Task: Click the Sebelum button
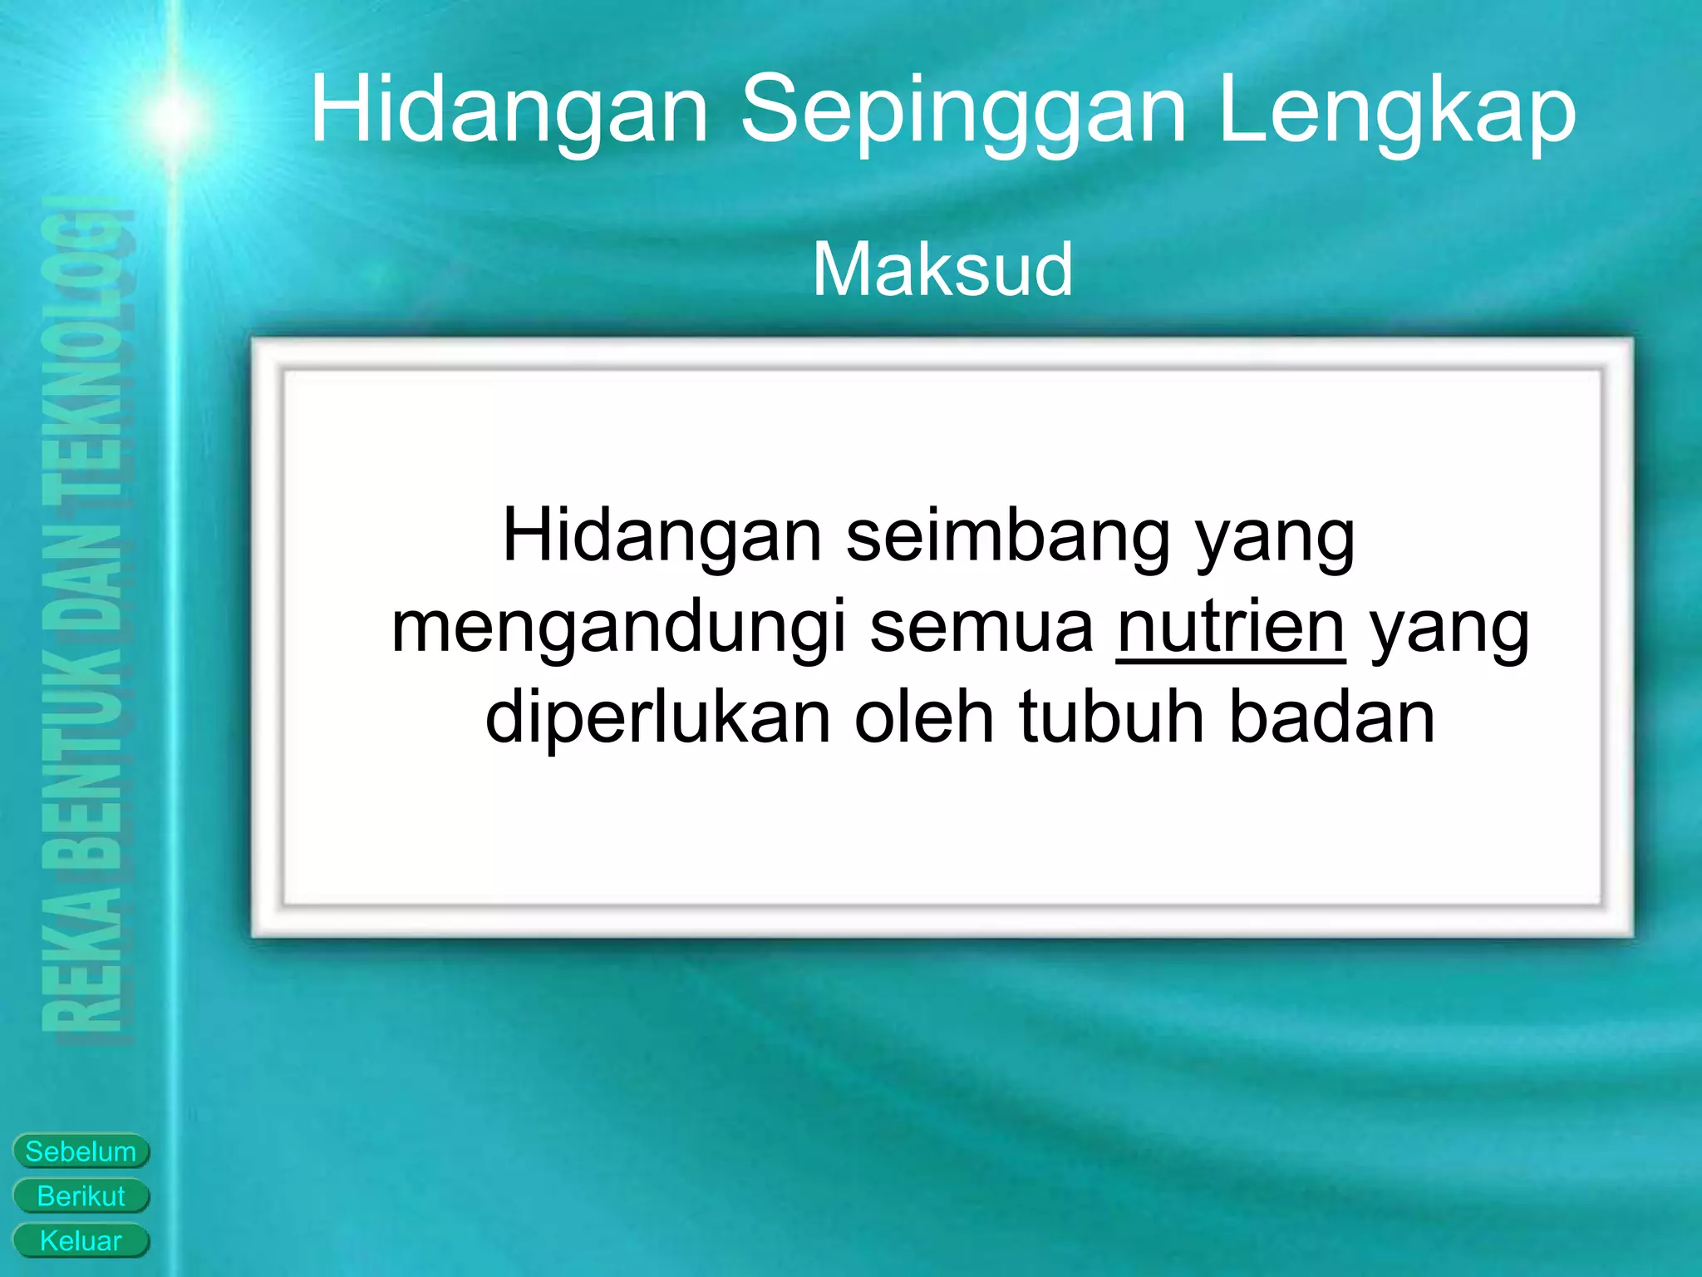tap(81, 1151)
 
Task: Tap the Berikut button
tap(81, 1196)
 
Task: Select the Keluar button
tap(81, 1241)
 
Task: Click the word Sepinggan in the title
tap(963, 112)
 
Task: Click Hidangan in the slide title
tap(509, 112)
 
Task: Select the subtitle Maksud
tap(942, 269)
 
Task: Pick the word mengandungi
tap(617, 629)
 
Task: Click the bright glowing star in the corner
tap(175, 116)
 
